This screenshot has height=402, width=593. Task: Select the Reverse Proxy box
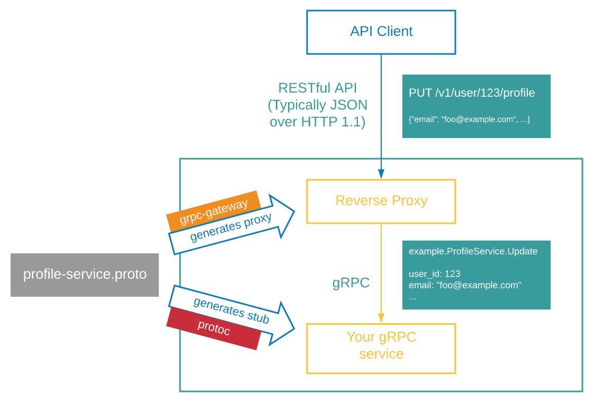pyautogui.click(x=381, y=201)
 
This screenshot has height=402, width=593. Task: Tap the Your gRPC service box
pyautogui.click(x=381, y=345)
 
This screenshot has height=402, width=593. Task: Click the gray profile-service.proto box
pyautogui.click(x=85, y=275)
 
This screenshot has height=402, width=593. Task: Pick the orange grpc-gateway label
pyautogui.click(x=214, y=210)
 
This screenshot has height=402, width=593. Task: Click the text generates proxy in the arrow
pyautogui.click(x=231, y=227)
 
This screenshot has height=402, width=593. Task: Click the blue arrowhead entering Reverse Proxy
pyautogui.click(x=381, y=174)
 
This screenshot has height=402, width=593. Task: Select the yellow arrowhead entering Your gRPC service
pyautogui.click(x=381, y=317)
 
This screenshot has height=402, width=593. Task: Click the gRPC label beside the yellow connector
pyautogui.click(x=351, y=282)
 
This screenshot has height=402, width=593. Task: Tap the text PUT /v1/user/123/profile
pyautogui.click(x=472, y=93)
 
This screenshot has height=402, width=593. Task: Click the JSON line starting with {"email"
pyautogui.click(x=469, y=120)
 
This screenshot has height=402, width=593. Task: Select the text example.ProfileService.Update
pyautogui.click(x=473, y=251)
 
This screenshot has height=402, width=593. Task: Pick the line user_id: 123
pyautogui.click(x=434, y=274)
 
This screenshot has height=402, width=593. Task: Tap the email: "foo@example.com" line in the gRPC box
pyautogui.click(x=465, y=286)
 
